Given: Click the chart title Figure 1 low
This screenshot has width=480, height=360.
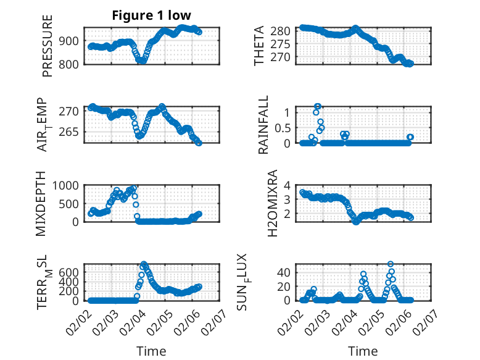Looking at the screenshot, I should tap(152, 16).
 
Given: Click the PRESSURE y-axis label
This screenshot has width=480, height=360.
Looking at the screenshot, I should tap(48, 46).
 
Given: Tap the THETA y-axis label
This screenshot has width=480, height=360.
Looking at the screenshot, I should tap(259, 46).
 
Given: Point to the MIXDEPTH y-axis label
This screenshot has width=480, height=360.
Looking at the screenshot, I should tap(41, 203).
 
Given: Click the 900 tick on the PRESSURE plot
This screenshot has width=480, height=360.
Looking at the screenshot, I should tap(69, 41).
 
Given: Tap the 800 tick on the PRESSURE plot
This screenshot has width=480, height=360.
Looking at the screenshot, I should tap(69, 64).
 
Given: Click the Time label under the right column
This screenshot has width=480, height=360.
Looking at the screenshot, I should tap(363, 351).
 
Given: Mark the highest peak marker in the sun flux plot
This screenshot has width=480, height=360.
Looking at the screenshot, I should tap(390, 264).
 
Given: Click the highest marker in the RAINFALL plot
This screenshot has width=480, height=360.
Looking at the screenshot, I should tap(317, 106).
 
